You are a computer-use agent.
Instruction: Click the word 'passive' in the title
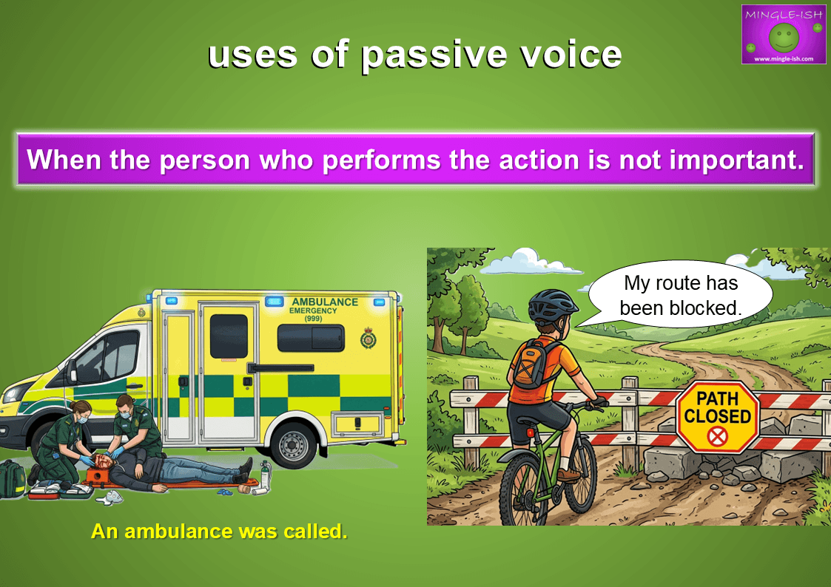pos(434,55)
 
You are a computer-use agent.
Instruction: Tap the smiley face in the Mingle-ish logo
pos(784,37)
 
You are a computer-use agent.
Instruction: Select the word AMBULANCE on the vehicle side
pos(325,302)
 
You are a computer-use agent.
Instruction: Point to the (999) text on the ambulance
pos(313,319)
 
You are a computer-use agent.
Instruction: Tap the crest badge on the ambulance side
pos(369,338)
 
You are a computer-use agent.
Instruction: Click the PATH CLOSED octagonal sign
pos(718,417)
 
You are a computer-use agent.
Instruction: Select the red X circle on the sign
pos(718,437)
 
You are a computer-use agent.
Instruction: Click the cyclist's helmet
pos(552,307)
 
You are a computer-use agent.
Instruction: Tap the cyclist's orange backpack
pos(532,366)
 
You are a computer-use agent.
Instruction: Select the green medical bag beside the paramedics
pos(12,479)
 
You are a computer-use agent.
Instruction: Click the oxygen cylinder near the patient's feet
pos(265,475)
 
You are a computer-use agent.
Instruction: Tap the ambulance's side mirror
pos(72,371)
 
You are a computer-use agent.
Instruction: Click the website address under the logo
pos(784,58)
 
